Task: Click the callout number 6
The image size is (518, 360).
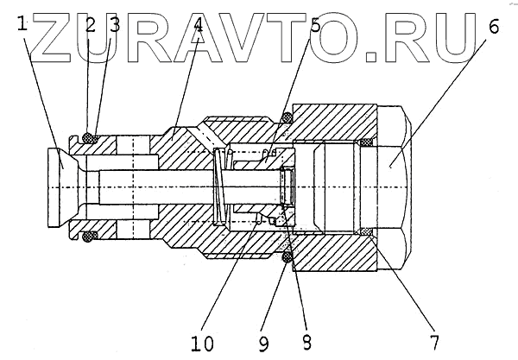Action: point(493,25)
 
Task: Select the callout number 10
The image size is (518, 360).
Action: point(204,341)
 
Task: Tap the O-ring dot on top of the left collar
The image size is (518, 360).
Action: point(87,135)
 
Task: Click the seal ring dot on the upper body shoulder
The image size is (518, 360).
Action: point(286,117)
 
